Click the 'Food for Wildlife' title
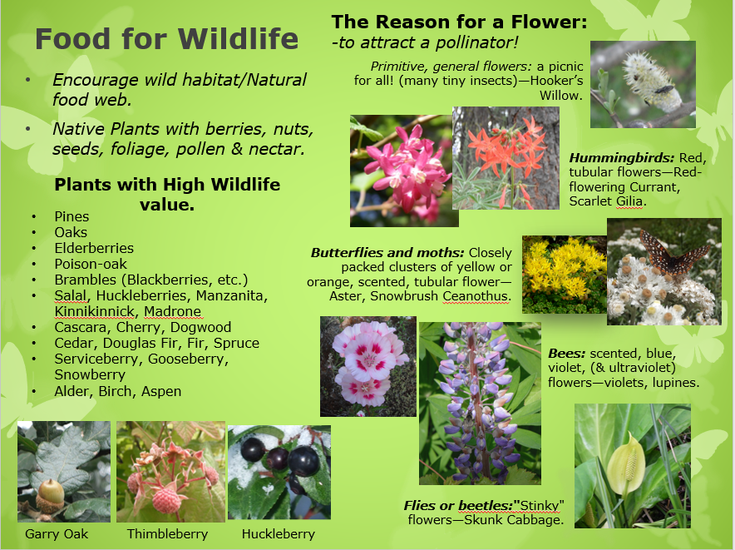click(166, 38)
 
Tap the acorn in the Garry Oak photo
click(50, 496)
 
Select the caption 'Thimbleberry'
click(167, 534)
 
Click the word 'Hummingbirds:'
click(622, 158)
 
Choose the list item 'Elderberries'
click(94, 248)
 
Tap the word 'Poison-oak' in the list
click(91, 265)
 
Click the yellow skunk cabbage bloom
click(626, 463)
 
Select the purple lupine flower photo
click(480, 403)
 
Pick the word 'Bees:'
click(567, 354)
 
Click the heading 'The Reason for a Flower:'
click(459, 22)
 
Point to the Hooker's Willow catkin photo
click(643, 85)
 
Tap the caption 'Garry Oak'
click(57, 534)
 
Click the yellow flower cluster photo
click(565, 275)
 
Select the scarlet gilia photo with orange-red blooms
click(506, 158)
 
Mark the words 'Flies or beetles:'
click(458, 505)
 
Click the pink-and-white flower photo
click(368, 366)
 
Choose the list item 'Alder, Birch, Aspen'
click(118, 391)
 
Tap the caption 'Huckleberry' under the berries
click(279, 534)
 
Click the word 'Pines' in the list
click(72, 216)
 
